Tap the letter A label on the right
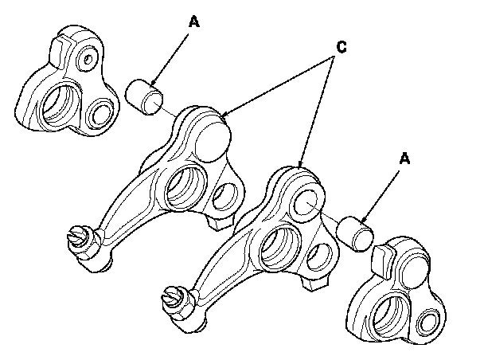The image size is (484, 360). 405,159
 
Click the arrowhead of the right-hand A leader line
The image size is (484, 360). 363,221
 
